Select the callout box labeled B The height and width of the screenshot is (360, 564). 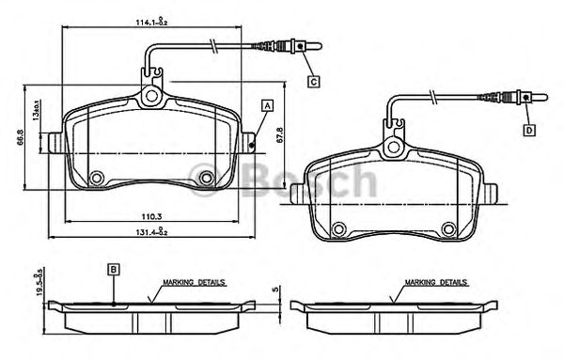click(x=113, y=269)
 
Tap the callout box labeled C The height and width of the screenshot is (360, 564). click(x=313, y=82)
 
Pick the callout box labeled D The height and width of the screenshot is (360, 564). click(x=529, y=130)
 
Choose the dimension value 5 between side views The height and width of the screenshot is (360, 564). click(x=274, y=290)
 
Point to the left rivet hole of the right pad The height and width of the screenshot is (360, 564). click(x=339, y=226)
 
